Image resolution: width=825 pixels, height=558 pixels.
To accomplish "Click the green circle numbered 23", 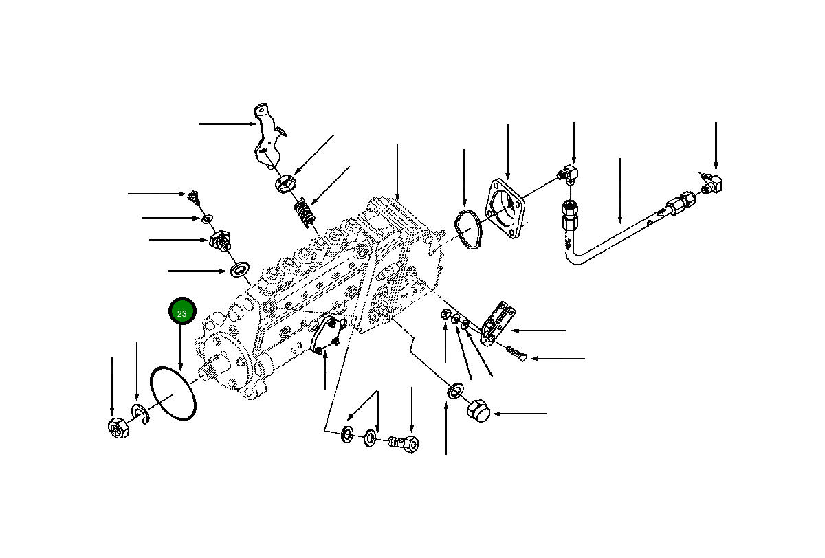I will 182,313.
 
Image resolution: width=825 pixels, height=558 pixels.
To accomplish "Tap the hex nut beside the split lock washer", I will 115,427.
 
